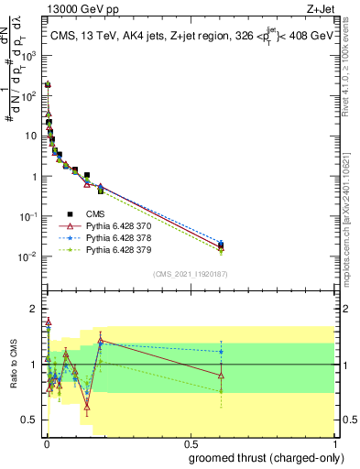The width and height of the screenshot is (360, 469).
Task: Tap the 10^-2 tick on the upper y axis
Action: click(x=33, y=256)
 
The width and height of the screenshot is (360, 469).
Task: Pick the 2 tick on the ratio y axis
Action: click(x=37, y=308)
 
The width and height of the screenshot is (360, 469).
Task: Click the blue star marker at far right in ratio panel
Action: click(x=221, y=351)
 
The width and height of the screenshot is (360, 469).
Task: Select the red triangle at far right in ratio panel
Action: click(x=221, y=376)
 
